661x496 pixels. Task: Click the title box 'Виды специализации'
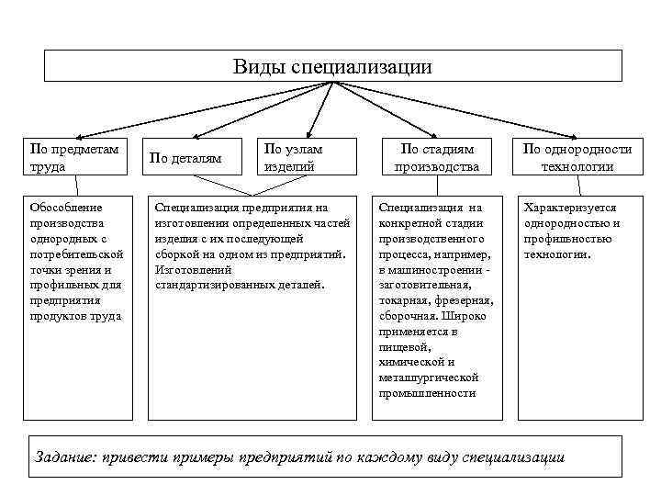click(332, 66)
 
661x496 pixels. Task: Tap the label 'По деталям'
click(185, 159)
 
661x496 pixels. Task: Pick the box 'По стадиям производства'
click(436, 157)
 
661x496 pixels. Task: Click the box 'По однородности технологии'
click(577, 157)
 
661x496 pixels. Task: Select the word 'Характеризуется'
click(570, 208)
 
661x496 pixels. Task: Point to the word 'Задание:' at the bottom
click(62, 457)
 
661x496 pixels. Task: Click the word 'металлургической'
click(428, 378)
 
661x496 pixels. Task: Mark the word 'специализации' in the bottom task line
click(513, 457)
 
